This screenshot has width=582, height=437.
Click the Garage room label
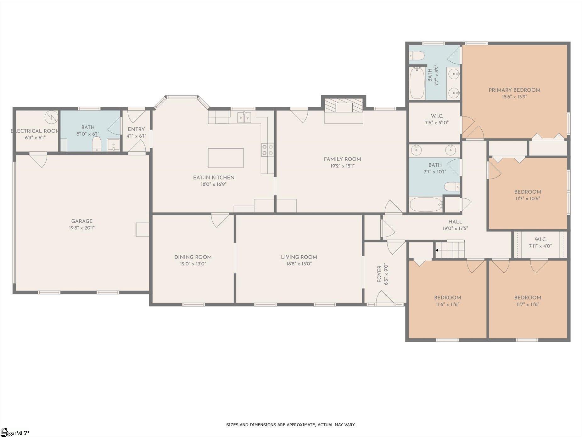point(82,221)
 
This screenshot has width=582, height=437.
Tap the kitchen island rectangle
point(226,158)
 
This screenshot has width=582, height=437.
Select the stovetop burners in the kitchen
point(267,150)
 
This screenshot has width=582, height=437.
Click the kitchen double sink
point(244,118)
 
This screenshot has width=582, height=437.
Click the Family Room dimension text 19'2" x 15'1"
point(342,166)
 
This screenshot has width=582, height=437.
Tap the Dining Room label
point(193,257)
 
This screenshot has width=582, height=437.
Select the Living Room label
point(299,257)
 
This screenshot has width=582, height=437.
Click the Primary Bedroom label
point(514,90)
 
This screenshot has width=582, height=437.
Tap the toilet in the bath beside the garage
point(97,144)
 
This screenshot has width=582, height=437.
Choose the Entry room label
point(136,129)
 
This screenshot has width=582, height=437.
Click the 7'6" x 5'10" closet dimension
point(437,123)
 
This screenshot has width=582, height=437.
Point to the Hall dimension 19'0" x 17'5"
point(455,229)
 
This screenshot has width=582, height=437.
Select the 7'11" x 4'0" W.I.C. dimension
point(540,246)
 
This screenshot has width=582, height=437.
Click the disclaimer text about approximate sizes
point(291,425)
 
